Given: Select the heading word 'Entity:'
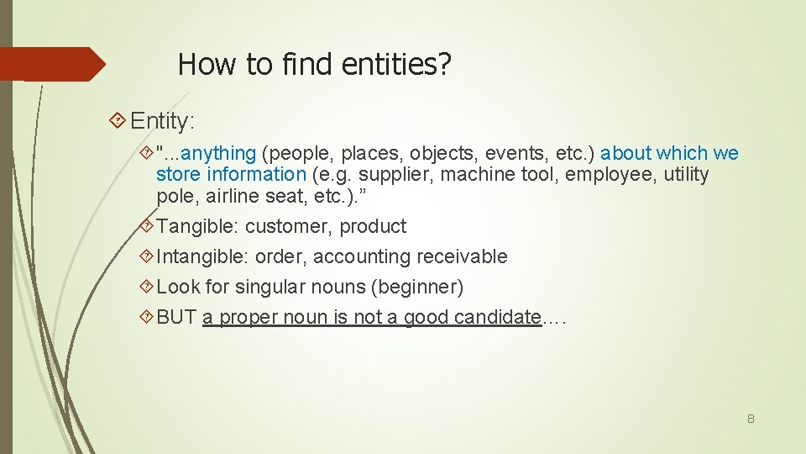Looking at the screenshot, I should tap(163, 121).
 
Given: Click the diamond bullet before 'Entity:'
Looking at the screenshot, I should tap(119, 121).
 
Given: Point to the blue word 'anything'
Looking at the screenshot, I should tap(218, 153).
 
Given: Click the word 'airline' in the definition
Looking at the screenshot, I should tap(238, 197).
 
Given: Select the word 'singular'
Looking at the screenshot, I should tap(269, 287).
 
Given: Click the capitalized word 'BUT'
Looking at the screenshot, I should tap(176, 317).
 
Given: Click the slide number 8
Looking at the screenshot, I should tap(751, 418).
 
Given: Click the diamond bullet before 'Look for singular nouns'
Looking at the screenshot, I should tap(148, 287).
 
